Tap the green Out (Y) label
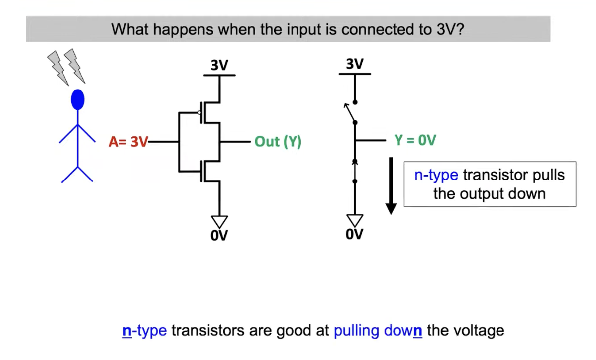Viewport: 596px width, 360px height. tap(278, 142)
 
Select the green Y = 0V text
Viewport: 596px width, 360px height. tap(415, 140)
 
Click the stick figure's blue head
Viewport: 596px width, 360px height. tap(78, 99)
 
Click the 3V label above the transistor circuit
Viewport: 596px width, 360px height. tap(219, 65)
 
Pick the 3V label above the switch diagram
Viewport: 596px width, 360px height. tap(354, 64)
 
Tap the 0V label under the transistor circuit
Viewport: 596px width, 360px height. tap(219, 235)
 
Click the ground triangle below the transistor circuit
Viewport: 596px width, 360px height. tap(219, 220)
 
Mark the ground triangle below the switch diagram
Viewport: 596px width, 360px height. tap(355, 219)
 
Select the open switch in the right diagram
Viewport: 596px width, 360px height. tap(351, 113)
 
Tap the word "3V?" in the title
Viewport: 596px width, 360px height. tap(451, 29)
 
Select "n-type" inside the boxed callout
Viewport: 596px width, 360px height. tap(436, 176)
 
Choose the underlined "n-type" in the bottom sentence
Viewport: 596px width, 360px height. tap(144, 330)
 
